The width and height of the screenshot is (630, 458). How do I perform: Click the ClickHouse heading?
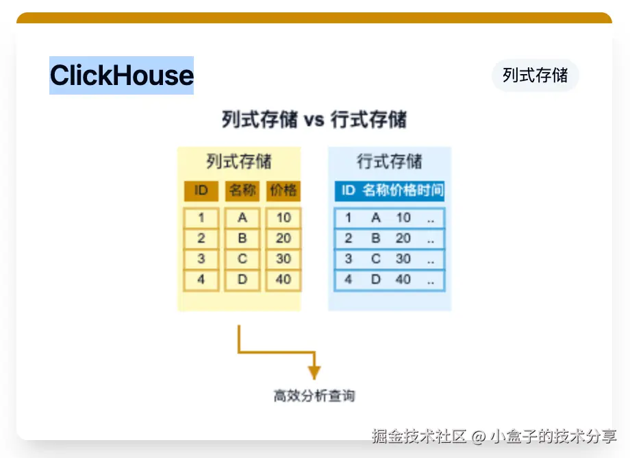tap(121, 75)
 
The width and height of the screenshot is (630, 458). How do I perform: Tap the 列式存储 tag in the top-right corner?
tap(535, 75)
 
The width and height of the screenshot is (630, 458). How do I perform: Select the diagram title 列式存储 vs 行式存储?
tap(314, 119)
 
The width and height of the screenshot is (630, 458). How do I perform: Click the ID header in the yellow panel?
tap(201, 190)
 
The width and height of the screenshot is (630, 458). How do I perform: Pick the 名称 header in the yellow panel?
tap(242, 190)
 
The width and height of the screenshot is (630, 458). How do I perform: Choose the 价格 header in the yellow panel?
tap(283, 190)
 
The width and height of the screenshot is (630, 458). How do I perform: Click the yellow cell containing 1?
tap(201, 218)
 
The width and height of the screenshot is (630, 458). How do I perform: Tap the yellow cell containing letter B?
tap(242, 239)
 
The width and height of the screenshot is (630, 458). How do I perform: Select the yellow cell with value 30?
tap(283, 259)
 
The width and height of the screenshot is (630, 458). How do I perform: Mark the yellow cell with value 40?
tap(283, 280)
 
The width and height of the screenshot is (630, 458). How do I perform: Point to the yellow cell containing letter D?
tap(242, 280)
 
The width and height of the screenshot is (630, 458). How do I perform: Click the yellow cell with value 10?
tap(283, 218)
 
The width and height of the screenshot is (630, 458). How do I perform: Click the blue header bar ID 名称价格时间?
tap(390, 190)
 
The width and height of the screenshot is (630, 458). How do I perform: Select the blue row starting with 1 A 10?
tap(390, 218)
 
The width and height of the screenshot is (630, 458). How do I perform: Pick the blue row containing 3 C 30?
tap(390, 259)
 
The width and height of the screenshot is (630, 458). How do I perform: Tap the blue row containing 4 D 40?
tap(390, 280)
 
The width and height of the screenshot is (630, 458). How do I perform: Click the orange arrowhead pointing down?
tap(314, 372)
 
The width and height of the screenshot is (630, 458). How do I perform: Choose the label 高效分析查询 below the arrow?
tap(314, 396)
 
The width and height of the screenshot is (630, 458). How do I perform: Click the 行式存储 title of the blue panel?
tap(390, 162)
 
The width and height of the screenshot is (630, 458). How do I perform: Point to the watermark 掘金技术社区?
tap(419, 436)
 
